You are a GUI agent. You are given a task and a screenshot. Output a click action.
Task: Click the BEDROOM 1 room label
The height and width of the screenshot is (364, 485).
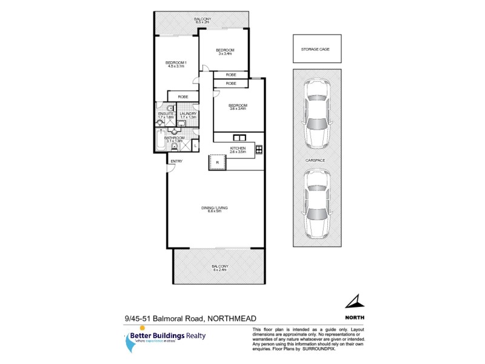click(x=176, y=63)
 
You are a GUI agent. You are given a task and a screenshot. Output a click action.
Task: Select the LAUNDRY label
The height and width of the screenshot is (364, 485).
click(x=187, y=113)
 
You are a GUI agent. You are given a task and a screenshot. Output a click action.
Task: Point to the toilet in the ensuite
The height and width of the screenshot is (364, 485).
click(x=159, y=122)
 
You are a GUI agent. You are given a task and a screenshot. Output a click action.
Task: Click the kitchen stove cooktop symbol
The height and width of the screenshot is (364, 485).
click(x=258, y=149)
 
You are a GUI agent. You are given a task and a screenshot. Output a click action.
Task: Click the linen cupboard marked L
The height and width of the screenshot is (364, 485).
click(x=195, y=146)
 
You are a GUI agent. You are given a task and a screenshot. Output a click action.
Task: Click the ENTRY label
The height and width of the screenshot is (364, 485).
click(x=176, y=161)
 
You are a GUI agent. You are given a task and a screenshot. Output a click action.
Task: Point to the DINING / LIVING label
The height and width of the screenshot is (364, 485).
click(x=215, y=209)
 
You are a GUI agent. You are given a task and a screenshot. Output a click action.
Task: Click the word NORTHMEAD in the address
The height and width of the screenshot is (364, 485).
click(x=241, y=318)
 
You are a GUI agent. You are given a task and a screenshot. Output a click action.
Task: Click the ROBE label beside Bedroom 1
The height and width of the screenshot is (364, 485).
click(x=182, y=97)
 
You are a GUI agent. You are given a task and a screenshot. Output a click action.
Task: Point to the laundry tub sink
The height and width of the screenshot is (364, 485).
click(x=181, y=123)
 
